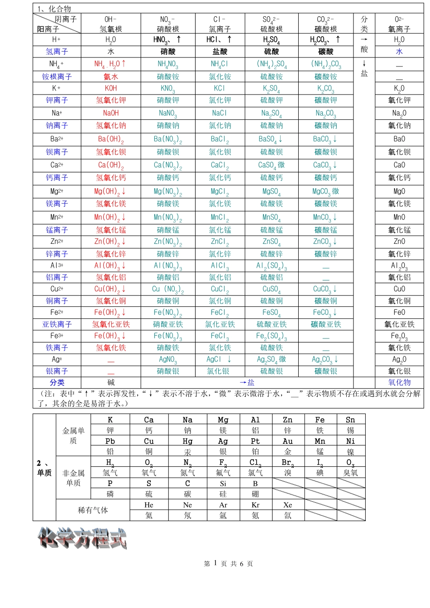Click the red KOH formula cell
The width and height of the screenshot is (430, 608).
(x=111, y=88)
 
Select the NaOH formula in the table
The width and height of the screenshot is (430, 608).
(x=111, y=113)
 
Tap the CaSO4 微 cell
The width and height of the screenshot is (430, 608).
(x=272, y=165)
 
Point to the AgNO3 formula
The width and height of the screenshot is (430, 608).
(x=168, y=360)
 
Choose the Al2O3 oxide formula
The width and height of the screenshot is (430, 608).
(x=399, y=266)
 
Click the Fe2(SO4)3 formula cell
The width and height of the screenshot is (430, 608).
(x=272, y=336)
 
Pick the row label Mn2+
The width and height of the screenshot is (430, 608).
(x=57, y=217)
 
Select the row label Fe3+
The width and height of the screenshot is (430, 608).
(x=57, y=336)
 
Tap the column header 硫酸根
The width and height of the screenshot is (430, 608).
(x=272, y=29)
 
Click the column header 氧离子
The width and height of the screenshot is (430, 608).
(x=399, y=29)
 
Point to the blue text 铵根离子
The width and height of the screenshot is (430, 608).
(x=57, y=76)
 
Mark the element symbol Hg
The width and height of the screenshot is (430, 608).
(x=187, y=441)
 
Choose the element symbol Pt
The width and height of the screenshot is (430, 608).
(x=255, y=441)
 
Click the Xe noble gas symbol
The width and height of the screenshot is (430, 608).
(x=288, y=505)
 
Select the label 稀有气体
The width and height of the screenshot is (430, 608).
(x=93, y=510)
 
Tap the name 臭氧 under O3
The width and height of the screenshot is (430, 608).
(x=350, y=473)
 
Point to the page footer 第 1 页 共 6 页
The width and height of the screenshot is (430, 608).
(x=229, y=564)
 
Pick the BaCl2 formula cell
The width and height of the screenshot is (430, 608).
(x=220, y=139)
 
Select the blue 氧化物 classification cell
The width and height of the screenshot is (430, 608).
(x=399, y=382)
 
